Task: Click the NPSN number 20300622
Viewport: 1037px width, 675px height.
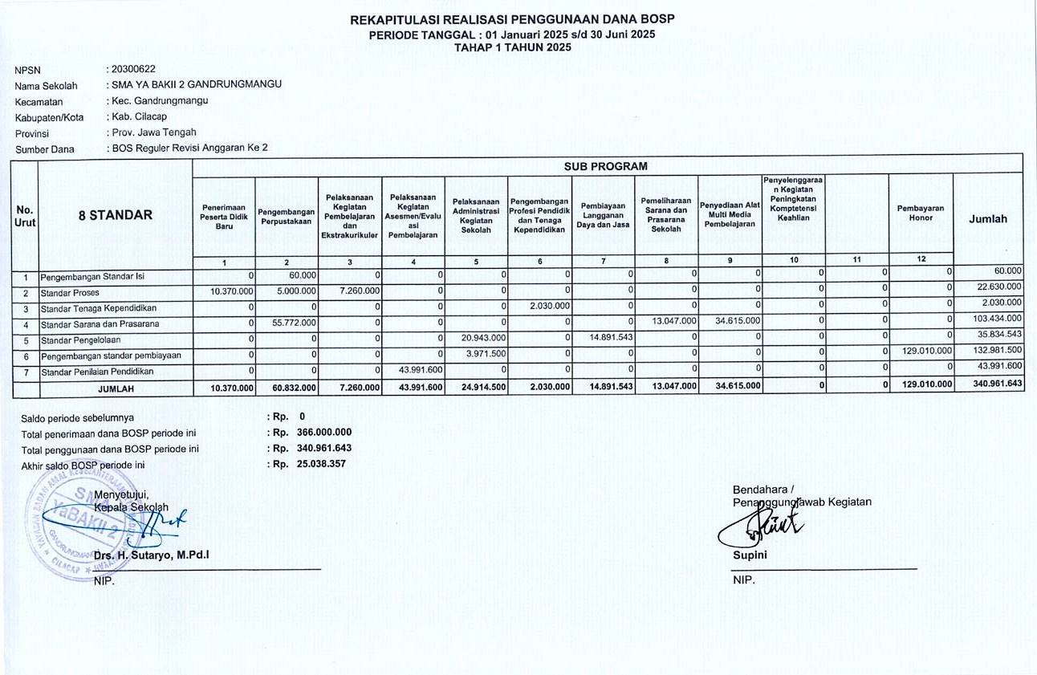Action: pyautogui.click(x=134, y=69)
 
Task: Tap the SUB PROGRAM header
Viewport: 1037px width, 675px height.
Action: pyautogui.click(x=608, y=166)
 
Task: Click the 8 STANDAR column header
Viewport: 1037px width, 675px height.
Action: pyautogui.click(x=116, y=215)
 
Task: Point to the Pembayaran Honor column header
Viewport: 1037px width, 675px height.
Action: pyautogui.click(x=920, y=213)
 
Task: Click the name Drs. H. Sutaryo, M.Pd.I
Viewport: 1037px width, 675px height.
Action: pyautogui.click(x=152, y=555)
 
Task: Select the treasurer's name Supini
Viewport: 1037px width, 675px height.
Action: pyautogui.click(x=750, y=555)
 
